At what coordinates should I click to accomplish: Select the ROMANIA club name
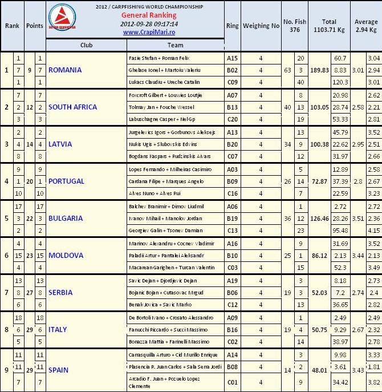point(65,70)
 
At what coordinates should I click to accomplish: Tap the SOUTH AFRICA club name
point(72,107)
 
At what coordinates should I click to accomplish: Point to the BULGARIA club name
point(65,219)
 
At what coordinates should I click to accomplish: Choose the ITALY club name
point(58,330)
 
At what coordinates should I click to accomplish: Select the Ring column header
point(232,26)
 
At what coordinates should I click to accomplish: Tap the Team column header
point(176,45)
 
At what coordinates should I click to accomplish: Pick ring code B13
point(232,107)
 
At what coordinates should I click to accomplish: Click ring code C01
point(232,382)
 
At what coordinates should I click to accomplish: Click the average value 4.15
point(374,230)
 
